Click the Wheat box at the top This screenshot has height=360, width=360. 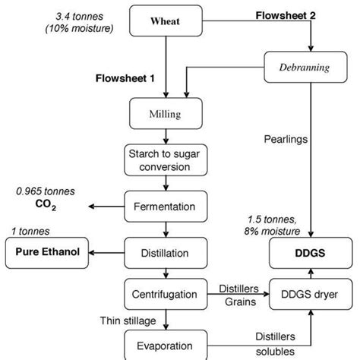pos(163,22)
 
